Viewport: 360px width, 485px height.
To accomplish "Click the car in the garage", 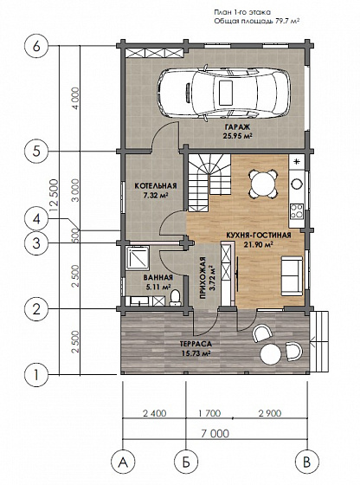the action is [x=224, y=93].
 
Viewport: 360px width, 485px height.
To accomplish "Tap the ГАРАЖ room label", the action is [x=237, y=127].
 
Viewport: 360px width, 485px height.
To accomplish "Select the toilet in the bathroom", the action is [x=175, y=298].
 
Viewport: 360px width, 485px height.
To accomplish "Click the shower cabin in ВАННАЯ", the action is [x=138, y=258].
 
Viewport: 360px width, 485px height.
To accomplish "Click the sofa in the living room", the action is [x=292, y=276].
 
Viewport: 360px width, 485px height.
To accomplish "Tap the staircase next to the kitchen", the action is [x=209, y=183].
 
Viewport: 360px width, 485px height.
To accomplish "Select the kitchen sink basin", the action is [x=297, y=184].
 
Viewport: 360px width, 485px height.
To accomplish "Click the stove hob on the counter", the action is [x=297, y=210].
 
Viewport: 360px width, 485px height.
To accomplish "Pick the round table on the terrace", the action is [x=271, y=354].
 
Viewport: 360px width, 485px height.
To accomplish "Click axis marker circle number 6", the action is [x=36, y=47].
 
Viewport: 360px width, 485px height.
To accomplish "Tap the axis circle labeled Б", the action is [x=186, y=462].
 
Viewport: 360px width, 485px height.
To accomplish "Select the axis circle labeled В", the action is [x=307, y=462].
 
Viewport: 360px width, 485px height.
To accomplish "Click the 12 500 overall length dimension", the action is [x=54, y=195].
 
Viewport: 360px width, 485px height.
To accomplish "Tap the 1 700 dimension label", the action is [x=209, y=414].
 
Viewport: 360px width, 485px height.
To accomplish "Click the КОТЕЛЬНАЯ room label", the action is [x=156, y=186].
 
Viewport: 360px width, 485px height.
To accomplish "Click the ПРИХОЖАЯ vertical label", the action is [x=202, y=278].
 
